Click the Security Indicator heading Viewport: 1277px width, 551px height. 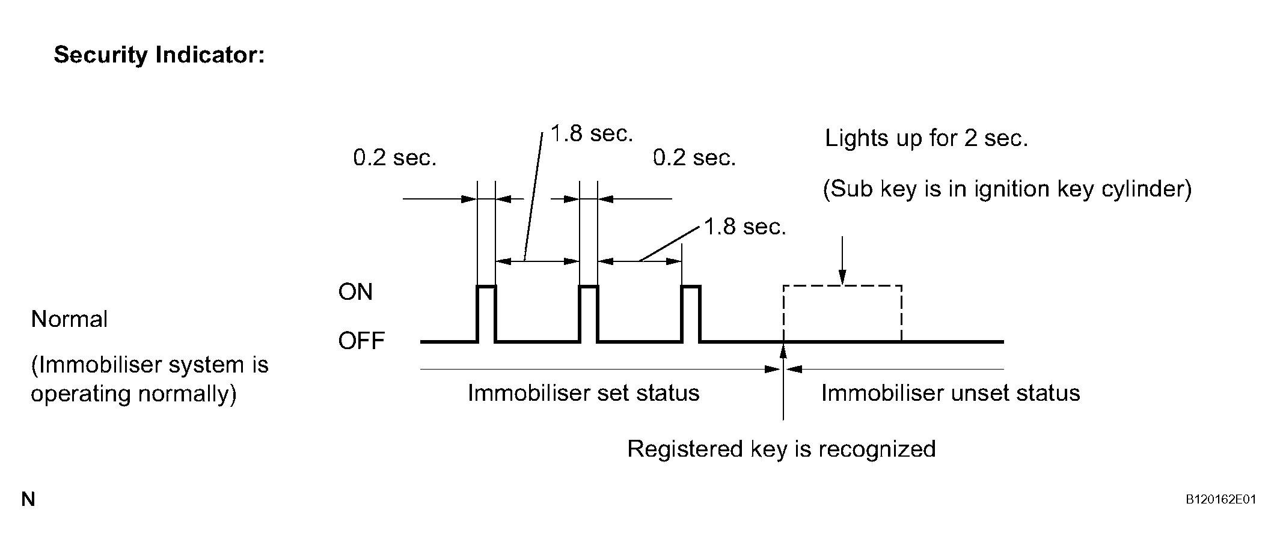point(159,55)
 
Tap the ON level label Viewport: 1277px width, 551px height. point(355,292)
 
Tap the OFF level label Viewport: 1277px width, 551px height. point(361,341)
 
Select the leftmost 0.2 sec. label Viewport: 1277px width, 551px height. point(394,158)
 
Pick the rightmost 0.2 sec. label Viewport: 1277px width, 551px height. point(694,158)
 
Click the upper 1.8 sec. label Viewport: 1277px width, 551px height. point(592,133)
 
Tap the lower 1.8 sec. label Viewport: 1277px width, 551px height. point(745,227)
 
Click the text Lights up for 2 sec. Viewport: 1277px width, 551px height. point(926,139)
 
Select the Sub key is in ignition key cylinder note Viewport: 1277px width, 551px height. point(1007,189)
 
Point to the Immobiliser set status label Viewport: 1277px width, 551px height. point(583,393)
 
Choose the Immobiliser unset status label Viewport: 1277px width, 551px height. point(951,393)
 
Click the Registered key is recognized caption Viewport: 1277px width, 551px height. point(782,449)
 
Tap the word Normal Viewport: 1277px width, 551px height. point(69,319)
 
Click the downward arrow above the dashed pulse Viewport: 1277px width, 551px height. point(842,260)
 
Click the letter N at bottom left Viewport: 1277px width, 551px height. point(28,499)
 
